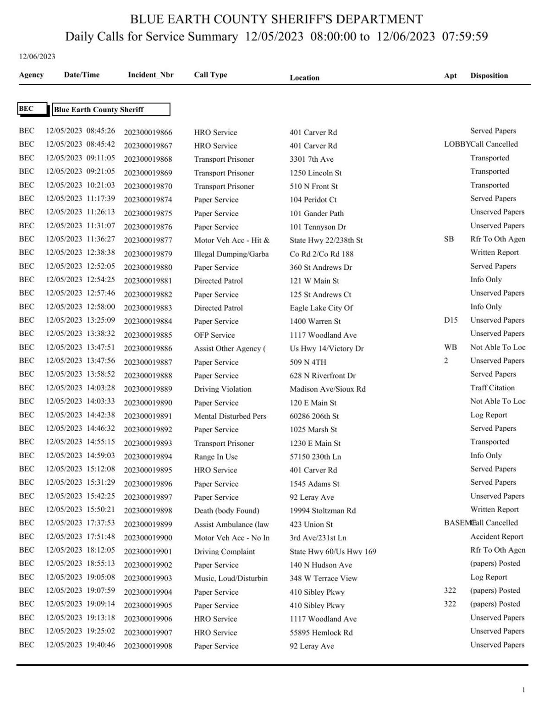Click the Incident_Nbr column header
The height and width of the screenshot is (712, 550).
tap(150, 75)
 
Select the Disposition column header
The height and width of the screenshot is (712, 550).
tap(489, 76)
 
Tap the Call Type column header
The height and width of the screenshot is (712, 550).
tap(210, 75)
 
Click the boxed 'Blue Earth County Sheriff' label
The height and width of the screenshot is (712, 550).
tap(111, 110)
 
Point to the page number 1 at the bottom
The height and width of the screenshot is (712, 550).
tap(523, 690)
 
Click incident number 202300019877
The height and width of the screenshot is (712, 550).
tap(148, 240)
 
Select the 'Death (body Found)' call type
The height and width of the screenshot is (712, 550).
tap(226, 510)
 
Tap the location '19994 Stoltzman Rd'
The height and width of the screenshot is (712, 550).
tap(323, 510)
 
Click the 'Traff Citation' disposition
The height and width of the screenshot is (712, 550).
tap(492, 388)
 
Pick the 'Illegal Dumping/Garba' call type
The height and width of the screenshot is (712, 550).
tap(231, 254)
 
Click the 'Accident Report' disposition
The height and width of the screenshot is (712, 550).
tap(496, 537)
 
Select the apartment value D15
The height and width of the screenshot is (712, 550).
tap(451, 320)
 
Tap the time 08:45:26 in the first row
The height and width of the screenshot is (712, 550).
tap(101, 131)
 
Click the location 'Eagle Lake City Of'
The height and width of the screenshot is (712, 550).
tap(321, 308)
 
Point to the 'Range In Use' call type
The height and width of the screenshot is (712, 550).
tap(215, 457)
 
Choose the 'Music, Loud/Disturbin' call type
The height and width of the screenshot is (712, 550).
tap(231, 578)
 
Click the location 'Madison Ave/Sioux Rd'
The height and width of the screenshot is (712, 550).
tap(327, 389)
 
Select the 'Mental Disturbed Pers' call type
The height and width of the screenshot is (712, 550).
tap(230, 416)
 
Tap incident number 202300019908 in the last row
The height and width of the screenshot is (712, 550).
tap(148, 646)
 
